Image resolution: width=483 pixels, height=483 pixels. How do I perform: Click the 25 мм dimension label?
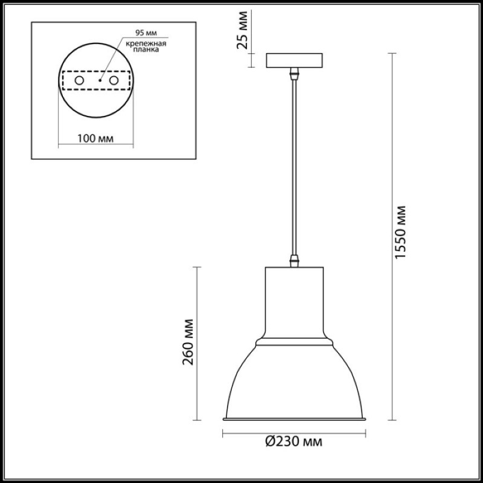pyautogui.click(x=242, y=30)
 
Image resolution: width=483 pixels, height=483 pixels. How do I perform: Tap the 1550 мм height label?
pyautogui.click(x=400, y=232)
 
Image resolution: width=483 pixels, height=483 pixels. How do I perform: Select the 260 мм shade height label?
pyautogui.click(x=188, y=342)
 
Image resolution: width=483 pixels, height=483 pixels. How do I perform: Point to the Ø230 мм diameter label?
pyautogui.click(x=293, y=442)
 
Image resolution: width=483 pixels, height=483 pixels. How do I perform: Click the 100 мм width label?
pyautogui.click(x=95, y=139)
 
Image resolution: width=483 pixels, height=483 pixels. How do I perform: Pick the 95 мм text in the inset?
pyautogui.click(x=146, y=33)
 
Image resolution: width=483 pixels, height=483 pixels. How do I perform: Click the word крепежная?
pyautogui.click(x=146, y=43)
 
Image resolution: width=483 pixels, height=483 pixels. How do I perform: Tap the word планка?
pyautogui.click(x=146, y=50)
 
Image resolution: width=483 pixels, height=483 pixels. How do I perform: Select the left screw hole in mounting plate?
pyautogui.click(x=80, y=80)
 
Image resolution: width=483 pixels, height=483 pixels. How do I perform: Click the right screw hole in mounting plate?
pyautogui.click(x=114, y=80)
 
